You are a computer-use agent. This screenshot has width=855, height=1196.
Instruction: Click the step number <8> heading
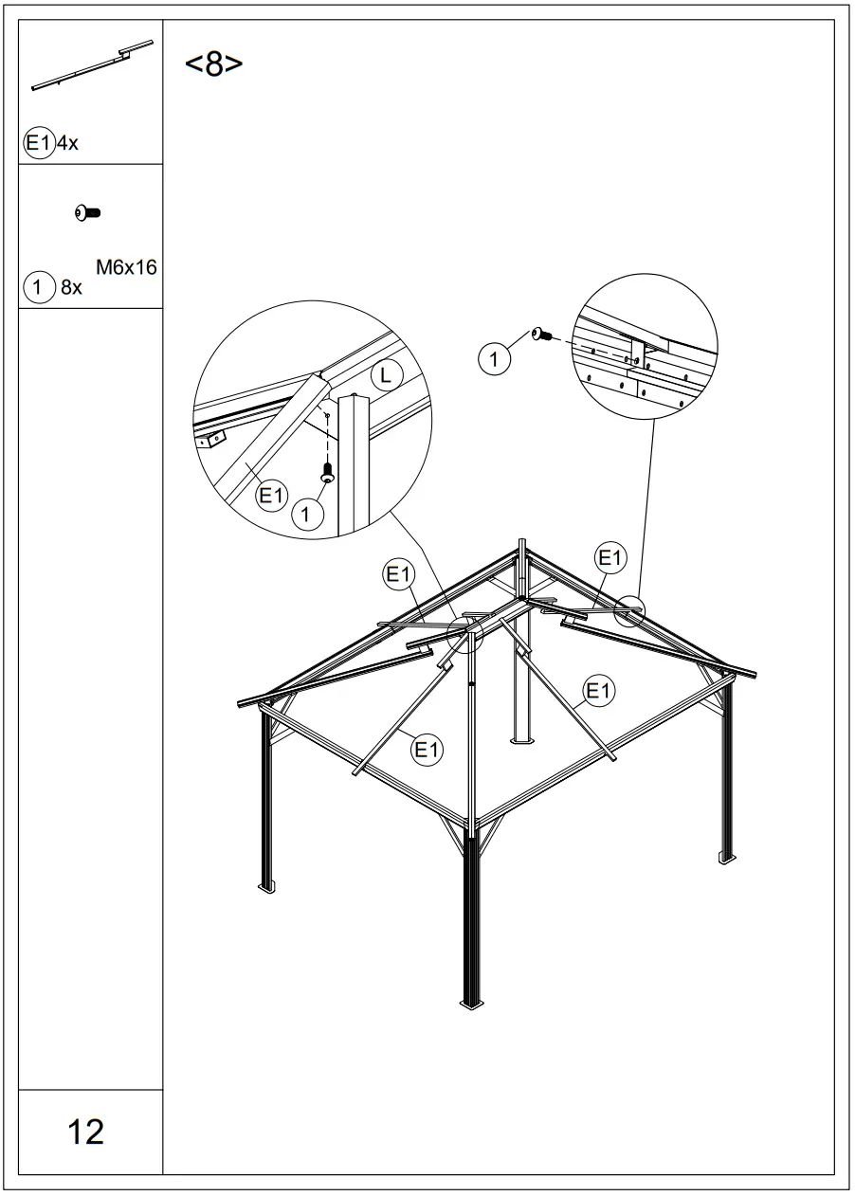(213, 64)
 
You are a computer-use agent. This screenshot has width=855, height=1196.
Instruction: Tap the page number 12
(86, 1132)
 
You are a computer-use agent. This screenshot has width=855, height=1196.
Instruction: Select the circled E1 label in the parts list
(38, 144)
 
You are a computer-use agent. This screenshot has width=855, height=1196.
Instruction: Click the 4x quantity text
(66, 145)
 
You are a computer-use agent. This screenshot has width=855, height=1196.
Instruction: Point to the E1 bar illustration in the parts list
(92, 65)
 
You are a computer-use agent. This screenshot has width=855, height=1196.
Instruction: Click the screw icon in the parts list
(88, 213)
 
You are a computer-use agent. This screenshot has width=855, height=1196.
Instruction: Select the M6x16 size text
(126, 268)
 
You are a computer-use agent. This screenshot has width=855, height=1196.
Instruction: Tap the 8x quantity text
(71, 287)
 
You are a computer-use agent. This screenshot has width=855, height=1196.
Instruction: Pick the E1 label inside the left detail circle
(273, 494)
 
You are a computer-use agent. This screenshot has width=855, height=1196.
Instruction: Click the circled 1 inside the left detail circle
(305, 515)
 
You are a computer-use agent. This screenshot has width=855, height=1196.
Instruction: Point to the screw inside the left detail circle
(327, 470)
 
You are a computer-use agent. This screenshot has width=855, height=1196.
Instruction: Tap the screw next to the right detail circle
(542, 335)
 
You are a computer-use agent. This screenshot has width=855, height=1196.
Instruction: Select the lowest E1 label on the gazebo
(427, 750)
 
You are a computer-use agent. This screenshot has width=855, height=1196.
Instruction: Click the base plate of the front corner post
(471, 1003)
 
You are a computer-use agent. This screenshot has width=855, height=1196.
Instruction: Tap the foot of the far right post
(727, 858)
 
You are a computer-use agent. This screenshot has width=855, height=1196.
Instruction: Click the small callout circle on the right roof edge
(628, 611)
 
